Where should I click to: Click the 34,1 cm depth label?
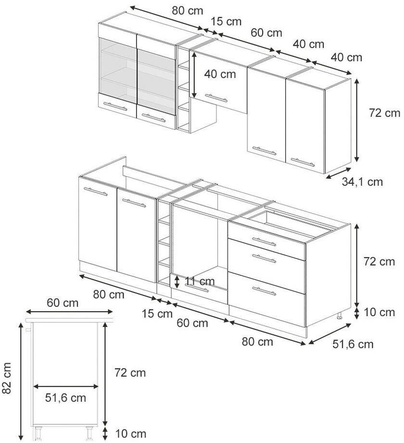362,182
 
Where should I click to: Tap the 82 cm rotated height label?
6,378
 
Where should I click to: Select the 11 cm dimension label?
200,282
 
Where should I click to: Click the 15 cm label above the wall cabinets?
226,22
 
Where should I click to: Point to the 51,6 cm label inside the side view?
65,398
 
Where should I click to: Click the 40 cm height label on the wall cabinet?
220,74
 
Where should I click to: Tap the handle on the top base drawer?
264,242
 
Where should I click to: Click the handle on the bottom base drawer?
264,291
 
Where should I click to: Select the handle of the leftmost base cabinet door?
96,191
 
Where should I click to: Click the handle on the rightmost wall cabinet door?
303,162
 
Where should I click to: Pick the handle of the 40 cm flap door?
216,98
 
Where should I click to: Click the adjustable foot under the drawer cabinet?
339,315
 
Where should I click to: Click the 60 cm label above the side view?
63,303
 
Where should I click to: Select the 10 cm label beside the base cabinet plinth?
379,312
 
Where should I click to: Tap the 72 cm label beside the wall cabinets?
384,113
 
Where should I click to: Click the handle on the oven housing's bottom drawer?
196,288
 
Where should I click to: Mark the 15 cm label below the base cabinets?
157,314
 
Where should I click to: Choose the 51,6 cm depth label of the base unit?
353,344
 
